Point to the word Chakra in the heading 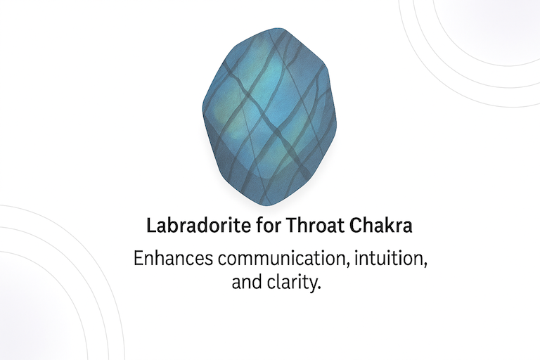(x=381, y=226)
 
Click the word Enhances (x=173, y=258)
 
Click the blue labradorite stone (x=269, y=117)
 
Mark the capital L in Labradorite (x=151, y=226)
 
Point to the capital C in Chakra (x=356, y=226)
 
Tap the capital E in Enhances (x=139, y=258)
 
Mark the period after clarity (x=319, y=288)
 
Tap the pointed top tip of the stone (x=278, y=28)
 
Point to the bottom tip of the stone (x=267, y=206)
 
